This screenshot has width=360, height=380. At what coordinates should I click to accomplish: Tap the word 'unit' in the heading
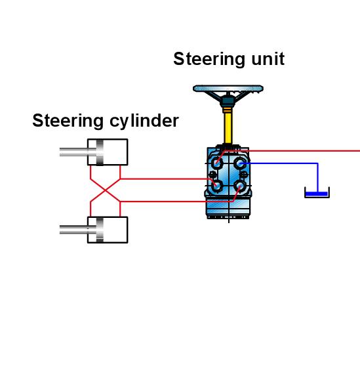tap(268, 59)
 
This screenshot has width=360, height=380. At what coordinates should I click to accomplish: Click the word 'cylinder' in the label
tap(144, 121)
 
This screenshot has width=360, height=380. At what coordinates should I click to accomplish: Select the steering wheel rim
tap(228, 89)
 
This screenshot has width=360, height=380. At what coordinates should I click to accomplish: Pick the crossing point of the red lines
tap(106, 190)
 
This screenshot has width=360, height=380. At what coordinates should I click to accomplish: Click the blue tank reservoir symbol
tap(317, 193)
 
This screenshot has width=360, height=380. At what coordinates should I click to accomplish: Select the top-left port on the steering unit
tap(217, 163)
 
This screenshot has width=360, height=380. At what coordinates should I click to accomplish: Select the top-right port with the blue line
tap(240, 163)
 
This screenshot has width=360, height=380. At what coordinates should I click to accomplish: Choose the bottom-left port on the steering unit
tap(216, 186)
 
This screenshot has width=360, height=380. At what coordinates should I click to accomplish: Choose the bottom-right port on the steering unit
tap(240, 186)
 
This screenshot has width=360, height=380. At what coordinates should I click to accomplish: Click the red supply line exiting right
tap(292, 151)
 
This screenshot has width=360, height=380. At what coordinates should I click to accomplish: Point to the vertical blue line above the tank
tap(317, 178)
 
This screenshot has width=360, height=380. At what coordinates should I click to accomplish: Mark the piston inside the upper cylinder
tap(100, 152)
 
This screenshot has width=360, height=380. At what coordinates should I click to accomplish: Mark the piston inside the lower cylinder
tap(100, 230)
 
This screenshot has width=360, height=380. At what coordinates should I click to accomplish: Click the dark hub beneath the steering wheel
tap(228, 101)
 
